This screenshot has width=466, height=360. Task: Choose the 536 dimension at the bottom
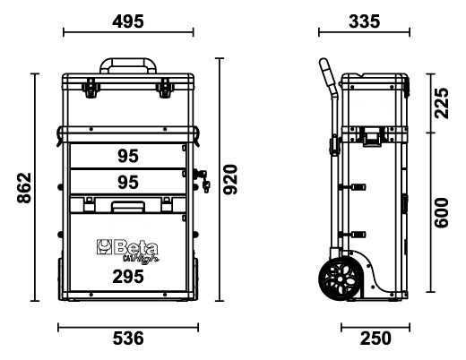127,339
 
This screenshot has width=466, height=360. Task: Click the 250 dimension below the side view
376,339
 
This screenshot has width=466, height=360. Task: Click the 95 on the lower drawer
127,182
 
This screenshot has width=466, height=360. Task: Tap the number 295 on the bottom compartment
127,279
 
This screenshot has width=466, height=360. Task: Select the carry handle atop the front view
127,65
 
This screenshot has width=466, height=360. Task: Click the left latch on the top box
90,88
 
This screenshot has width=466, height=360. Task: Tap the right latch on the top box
165,88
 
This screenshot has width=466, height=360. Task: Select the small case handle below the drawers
127,207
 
